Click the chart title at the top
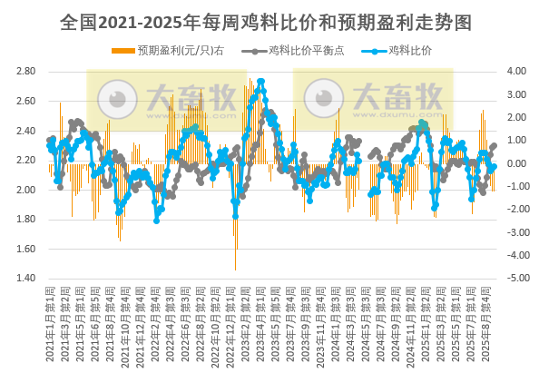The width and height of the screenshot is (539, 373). tap(269, 19)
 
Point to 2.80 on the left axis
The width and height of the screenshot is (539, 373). tap(25, 71)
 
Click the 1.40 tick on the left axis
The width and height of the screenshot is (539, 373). tap(25, 279)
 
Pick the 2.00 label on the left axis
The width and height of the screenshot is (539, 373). tap(25, 190)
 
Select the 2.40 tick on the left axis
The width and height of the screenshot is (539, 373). tap(25, 131)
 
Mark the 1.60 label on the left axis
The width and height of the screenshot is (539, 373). tap(25, 249)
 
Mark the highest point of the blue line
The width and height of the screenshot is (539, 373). tap(261, 82)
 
